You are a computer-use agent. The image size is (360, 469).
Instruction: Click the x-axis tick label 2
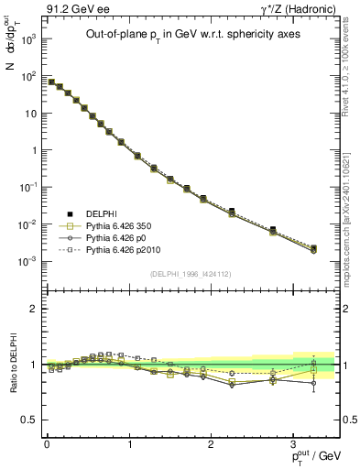211,442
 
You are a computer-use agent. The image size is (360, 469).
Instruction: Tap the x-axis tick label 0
47,442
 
